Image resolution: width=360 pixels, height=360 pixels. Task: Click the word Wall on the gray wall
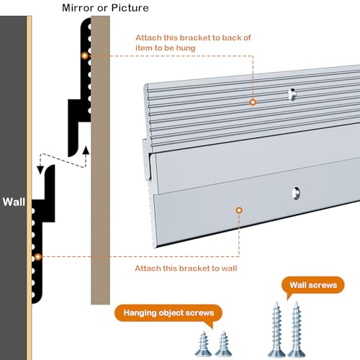14,202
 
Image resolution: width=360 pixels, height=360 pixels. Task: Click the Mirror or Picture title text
105,8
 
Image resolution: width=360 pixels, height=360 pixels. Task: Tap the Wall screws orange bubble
313,285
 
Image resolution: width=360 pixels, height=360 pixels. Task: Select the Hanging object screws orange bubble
168,313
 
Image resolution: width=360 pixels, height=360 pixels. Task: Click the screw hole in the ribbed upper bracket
292,94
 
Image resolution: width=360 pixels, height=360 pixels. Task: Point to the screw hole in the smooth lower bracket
296,193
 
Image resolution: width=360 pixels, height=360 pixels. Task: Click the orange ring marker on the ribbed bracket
253,102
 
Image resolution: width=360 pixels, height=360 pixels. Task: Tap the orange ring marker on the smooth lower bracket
239,210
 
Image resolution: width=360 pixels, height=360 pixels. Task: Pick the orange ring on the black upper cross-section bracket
84,55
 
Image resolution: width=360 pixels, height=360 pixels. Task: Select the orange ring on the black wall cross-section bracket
38,257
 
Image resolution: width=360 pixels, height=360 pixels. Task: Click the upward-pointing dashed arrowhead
86,150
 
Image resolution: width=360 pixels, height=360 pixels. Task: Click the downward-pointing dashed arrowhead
40,170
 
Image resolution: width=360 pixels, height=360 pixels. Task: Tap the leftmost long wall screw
276,329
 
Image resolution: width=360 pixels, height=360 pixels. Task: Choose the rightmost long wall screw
297,329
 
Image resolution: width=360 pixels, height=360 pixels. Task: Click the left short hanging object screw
203,343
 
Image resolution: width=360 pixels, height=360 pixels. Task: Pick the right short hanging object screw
223,343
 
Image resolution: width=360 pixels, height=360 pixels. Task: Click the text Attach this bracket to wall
186,268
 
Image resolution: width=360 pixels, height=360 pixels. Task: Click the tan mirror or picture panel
100,160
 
